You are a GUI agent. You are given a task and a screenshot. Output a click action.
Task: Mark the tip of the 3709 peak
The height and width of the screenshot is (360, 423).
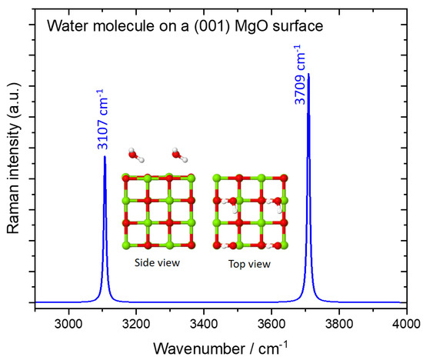[x=308, y=75]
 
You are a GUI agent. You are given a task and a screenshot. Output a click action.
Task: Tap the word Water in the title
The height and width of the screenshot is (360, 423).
[x=66, y=27]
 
